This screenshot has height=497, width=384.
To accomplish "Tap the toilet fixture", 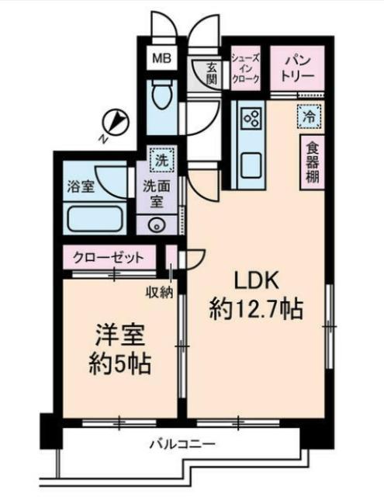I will pyautogui.click(x=162, y=98).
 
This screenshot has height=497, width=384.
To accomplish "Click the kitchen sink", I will pyautogui.click(x=252, y=165).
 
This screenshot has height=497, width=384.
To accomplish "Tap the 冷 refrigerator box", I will pyautogui.click(x=308, y=117).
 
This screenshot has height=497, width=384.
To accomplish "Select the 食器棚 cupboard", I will pyautogui.click(x=312, y=161).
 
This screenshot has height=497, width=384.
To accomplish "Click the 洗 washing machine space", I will pyautogui.click(x=161, y=161).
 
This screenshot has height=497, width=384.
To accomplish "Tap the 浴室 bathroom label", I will pyautogui.click(x=81, y=187).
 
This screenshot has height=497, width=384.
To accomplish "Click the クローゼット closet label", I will pyautogui.click(x=108, y=257).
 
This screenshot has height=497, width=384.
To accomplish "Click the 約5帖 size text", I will pyautogui.click(x=119, y=361).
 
